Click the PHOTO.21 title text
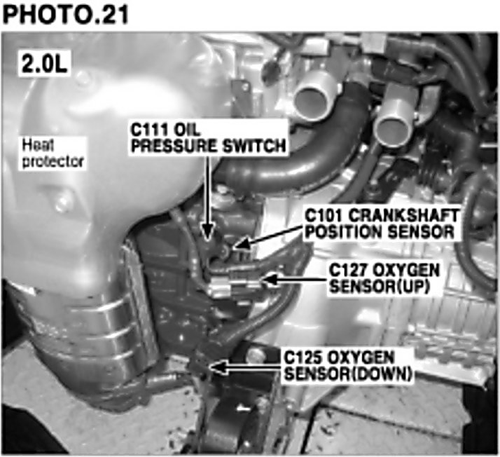click(65, 14)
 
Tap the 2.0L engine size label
click(44, 63)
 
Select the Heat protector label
click(53, 154)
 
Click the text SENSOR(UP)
click(380, 286)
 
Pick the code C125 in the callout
click(303, 357)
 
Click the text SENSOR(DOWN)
click(348, 374)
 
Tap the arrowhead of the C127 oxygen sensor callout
click(270, 280)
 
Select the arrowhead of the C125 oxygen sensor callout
click(218, 367)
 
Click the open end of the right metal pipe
click(392, 130)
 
